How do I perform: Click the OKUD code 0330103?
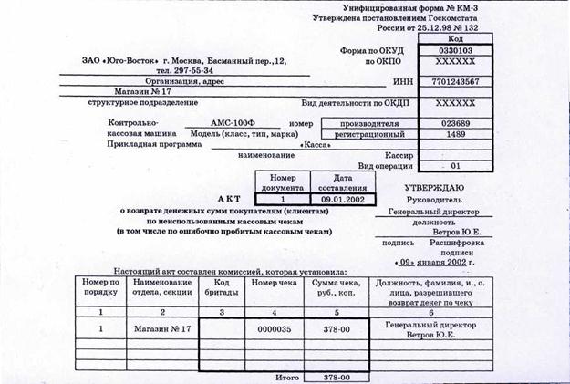click(x=456, y=51)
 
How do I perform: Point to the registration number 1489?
click(x=455, y=134)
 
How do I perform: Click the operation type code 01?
click(x=455, y=166)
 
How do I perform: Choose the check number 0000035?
click(x=275, y=327)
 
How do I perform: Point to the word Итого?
click(x=289, y=376)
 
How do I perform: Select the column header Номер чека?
click(x=275, y=283)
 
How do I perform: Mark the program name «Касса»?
click(x=315, y=145)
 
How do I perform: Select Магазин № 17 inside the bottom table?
click(x=161, y=327)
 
